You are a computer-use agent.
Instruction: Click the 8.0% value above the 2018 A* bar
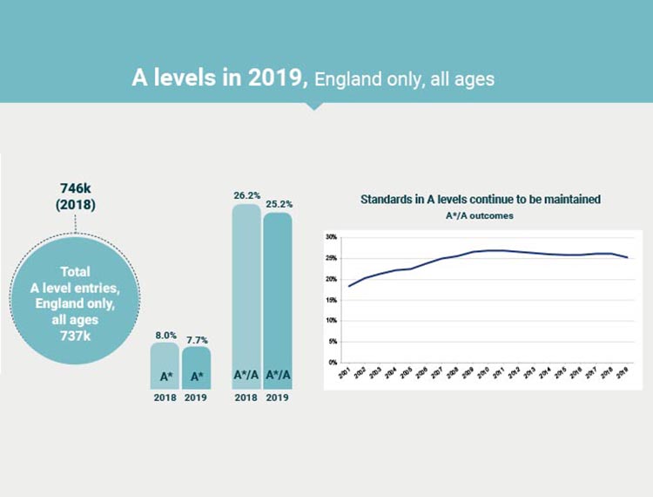tap(165, 335)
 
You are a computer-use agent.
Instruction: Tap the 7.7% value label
tap(196, 339)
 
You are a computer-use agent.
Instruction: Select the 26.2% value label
tap(246, 196)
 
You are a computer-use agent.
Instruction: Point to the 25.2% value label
tap(278, 204)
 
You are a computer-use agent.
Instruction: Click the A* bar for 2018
tap(165, 365)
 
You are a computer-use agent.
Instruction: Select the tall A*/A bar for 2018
tap(246, 296)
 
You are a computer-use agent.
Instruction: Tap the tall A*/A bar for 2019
tap(278, 301)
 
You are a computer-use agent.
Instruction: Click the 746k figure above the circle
tap(77, 188)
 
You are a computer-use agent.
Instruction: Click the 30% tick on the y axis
tap(331, 237)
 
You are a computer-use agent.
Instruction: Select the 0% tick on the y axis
tap(333, 362)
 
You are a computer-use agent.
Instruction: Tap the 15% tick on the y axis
tap(331, 300)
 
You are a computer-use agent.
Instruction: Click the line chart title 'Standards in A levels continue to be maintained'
tap(480, 200)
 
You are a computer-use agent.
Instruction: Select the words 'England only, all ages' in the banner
tap(404, 79)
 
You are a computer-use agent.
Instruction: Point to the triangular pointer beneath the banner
tap(315, 106)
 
